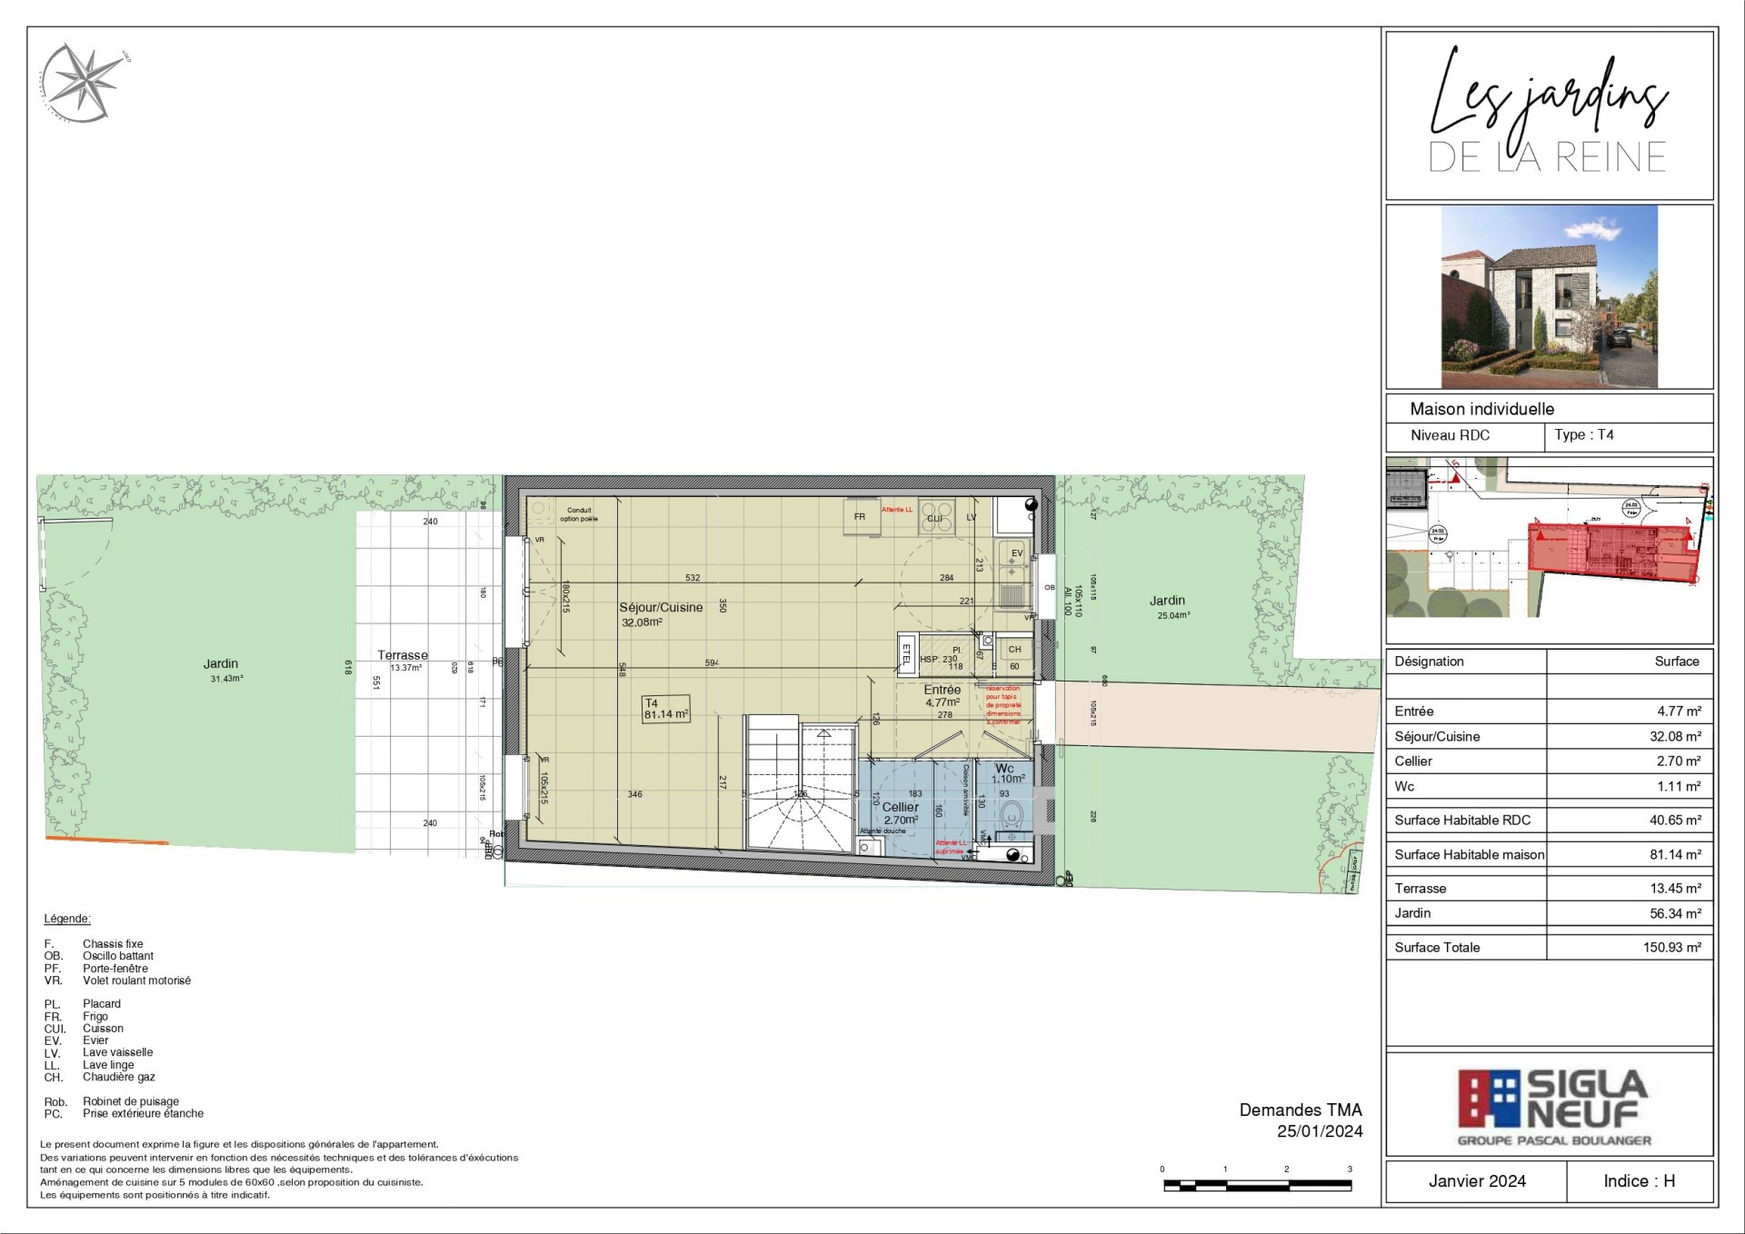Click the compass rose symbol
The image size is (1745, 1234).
(x=85, y=83)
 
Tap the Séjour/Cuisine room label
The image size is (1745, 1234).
(x=661, y=607)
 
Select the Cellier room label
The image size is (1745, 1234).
(x=900, y=807)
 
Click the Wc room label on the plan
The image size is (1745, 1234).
(x=1004, y=769)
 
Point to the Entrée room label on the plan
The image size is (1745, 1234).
(x=942, y=690)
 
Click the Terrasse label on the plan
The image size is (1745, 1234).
(x=403, y=655)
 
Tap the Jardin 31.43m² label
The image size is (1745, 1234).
(x=221, y=664)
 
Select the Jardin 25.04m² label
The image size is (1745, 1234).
(x=1167, y=601)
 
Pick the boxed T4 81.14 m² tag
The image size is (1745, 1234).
(x=665, y=709)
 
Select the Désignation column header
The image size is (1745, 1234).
(x=1429, y=662)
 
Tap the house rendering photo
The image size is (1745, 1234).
(x=1549, y=296)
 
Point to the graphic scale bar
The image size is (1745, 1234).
(x=1257, y=1185)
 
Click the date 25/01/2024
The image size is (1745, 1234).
(x=1319, y=1131)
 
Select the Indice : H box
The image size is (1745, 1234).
(x=1639, y=1180)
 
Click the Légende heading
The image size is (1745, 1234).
(x=67, y=919)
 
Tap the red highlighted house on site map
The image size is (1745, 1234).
(x=1609, y=551)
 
